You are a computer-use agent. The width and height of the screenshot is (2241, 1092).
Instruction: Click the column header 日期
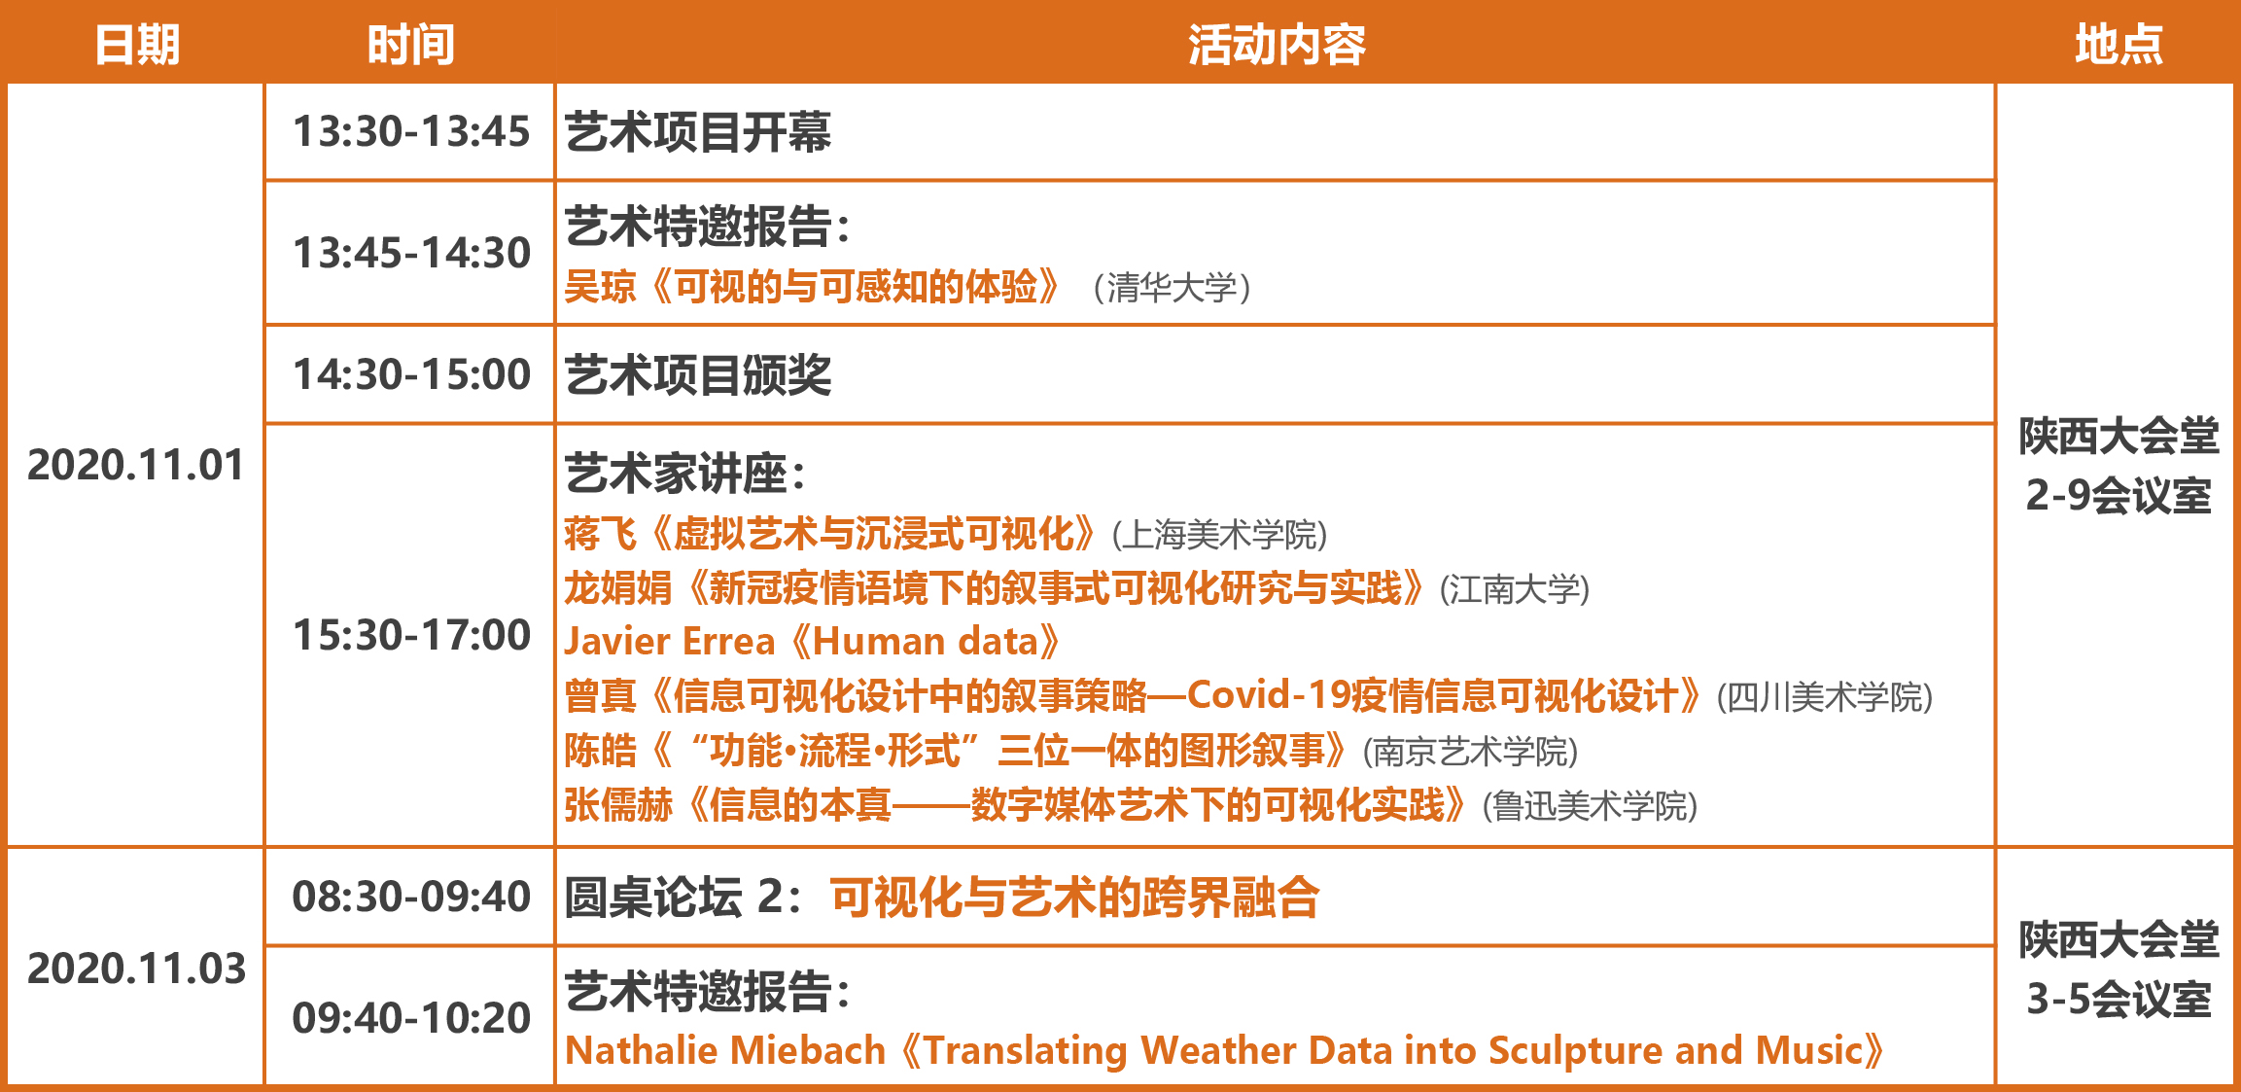point(137,45)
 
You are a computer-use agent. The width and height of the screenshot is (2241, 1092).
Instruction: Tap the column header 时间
point(410,45)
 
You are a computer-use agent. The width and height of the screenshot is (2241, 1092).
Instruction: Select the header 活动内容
point(1276,45)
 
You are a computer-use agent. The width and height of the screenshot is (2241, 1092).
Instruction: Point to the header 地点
point(2118,45)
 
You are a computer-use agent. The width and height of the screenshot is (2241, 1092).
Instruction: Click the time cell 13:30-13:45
point(411,131)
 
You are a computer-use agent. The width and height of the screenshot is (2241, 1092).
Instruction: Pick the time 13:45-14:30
point(411,253)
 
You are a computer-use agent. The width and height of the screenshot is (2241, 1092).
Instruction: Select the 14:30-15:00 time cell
point(411,374)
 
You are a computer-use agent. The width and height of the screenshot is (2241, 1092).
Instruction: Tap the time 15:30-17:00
point(411,635)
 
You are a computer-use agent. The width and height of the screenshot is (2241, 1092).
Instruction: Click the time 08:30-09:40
point(411,897)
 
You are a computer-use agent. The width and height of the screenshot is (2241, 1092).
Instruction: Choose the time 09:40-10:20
point(411,1018)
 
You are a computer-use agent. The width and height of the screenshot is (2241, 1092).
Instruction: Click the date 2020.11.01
point(136,465)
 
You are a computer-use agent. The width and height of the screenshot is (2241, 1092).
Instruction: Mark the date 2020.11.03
point(136,969)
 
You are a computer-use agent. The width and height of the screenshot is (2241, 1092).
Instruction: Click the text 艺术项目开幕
point(698,132)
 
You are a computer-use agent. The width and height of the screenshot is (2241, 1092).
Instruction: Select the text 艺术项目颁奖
point(698,375)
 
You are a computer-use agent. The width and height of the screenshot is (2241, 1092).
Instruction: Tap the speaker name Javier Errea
point(670,642)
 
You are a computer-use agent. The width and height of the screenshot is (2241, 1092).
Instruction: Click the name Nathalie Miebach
point(725,1050)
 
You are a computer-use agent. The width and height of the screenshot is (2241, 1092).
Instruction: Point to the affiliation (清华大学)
point(1172,288)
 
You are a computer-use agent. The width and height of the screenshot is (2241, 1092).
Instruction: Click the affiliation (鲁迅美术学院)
point(1590,806)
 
